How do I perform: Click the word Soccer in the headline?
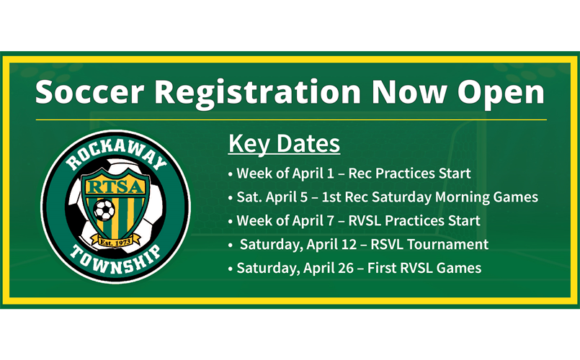click(89, 91)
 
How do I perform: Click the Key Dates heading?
click(284, 144)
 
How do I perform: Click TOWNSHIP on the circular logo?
click(116, 258)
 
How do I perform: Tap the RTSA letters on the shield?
click(115, 187)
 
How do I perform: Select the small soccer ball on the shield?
click(104, 210)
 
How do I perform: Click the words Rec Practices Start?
click(409, 174)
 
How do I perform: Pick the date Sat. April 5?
click(272, 197)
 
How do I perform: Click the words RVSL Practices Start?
click(414, 220)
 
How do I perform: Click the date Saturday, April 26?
click(295, 269)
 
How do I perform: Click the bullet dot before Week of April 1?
click(231, 174)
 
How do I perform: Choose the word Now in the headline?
click(409, 91)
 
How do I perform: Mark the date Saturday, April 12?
click(298, 245)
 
